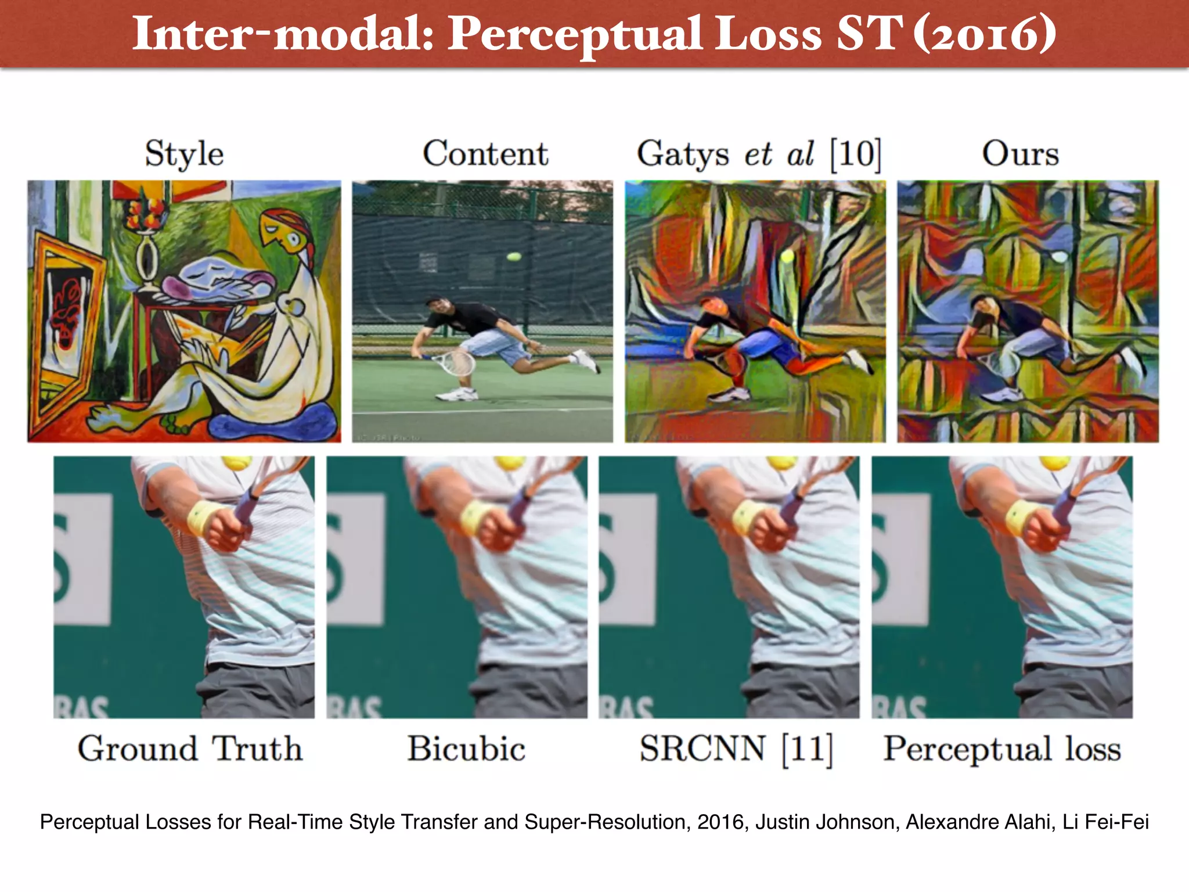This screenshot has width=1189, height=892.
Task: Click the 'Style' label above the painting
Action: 184,154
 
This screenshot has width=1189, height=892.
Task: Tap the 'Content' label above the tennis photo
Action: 485,154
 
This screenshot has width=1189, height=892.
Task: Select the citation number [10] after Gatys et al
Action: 855,154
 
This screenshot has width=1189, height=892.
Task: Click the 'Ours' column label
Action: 1020,154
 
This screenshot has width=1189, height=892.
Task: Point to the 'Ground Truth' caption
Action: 190,749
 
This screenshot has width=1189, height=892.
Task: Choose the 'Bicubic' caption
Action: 466,749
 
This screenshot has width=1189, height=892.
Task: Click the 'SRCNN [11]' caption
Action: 736,749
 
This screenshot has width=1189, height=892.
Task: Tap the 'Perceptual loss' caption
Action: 1002,749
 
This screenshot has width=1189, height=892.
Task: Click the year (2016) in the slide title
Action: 985,34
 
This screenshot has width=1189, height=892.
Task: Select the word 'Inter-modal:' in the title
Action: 283,34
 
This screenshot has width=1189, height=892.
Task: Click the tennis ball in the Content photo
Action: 514,256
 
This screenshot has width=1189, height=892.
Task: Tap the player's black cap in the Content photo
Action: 434,301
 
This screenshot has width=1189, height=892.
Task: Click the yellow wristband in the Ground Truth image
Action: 204,516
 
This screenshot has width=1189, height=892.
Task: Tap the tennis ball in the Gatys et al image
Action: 787,256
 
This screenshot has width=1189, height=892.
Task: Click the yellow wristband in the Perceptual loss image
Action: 1022,516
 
